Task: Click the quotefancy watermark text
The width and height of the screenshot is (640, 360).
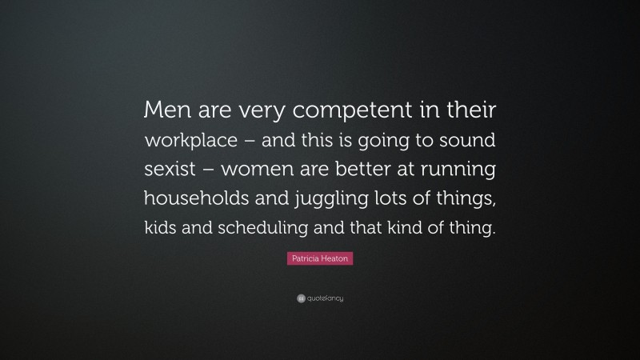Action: click(x=324, y=298)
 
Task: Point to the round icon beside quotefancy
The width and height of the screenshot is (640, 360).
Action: click(x=300, y=298)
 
